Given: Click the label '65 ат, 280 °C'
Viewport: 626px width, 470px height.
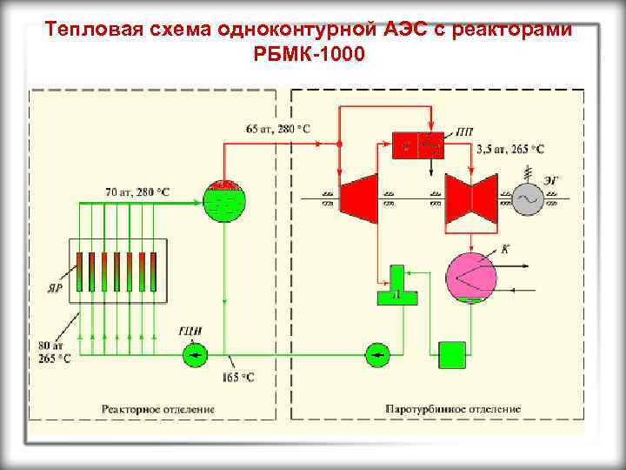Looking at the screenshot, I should pyautogui.click(x=278, y=129).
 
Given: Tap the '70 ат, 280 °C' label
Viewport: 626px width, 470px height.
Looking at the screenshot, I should pyautogui.click(x=137, y=191).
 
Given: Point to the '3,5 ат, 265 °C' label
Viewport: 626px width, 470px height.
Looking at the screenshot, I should pyautogui.click(x=510, y=150).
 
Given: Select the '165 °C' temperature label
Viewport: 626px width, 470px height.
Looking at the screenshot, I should pyautogui.click(x=237, y=377).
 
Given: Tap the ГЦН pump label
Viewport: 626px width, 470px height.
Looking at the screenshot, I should pyautogui.click(x=190, y=329).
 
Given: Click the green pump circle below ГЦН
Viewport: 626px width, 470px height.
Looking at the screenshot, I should pyautogui.click(x=195, y=353).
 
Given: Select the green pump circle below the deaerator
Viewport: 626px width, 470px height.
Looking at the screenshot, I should pyautogui.click(x=376, y=353).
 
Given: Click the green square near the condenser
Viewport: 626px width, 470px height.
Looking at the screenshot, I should pyautogui.click(x=452, y=354).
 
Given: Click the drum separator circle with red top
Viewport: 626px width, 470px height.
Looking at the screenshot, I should pyautogui.click(x=225, y=199).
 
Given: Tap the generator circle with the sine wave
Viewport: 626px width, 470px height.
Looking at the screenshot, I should pyautogui.click(x=528, y=199).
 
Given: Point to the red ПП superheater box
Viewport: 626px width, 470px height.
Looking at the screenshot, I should pyautogui.click(x=418, y=145).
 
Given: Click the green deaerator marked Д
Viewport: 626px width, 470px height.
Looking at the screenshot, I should pyautogui.click(x=396, y=288).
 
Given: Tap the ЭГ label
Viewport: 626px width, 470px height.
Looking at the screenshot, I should pyautogui.click(x=552, y=179).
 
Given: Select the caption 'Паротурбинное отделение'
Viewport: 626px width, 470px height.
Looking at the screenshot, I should pyautogui.click(x=453, y=407).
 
